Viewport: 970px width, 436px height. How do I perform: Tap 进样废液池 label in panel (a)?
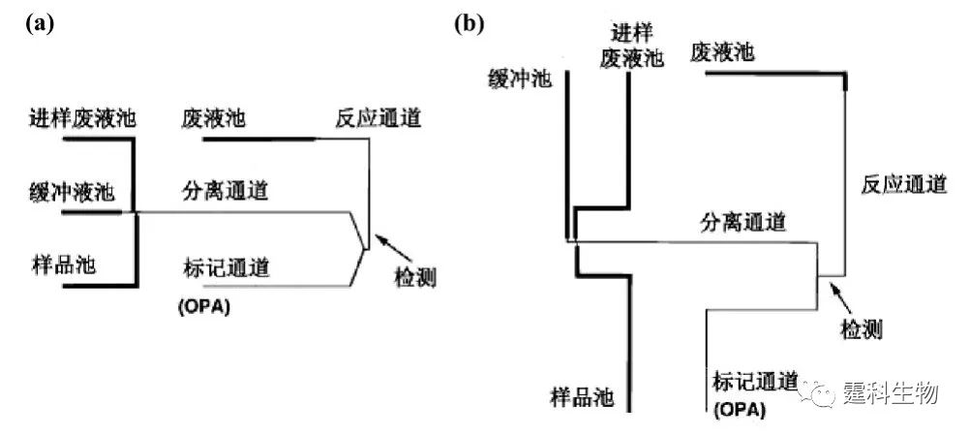pos(81,119)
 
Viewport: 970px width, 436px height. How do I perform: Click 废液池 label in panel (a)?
pos(213,119)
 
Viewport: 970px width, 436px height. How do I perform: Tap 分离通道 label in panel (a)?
pos(225,190)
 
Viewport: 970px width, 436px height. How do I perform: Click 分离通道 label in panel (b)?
pos(743,222)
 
